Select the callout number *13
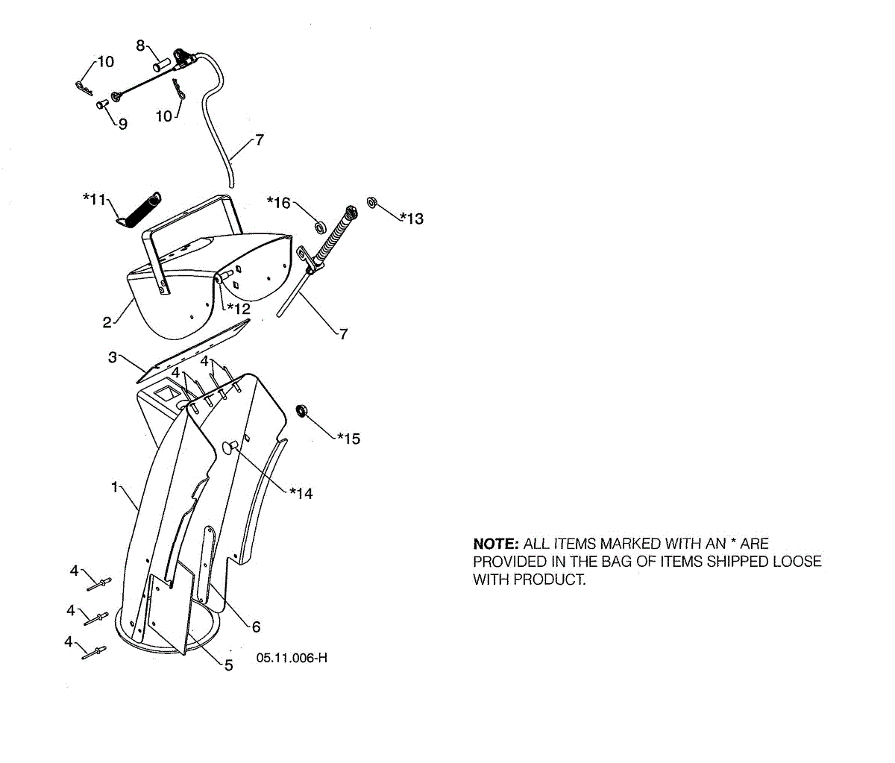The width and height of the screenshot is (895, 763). point(412,218)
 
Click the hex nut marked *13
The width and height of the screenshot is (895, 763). point(371,201)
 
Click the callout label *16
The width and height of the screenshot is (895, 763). point(279,202)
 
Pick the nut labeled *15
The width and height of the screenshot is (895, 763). point(303,410)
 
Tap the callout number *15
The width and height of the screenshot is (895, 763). point(348,439)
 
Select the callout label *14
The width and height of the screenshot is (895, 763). point(301,493)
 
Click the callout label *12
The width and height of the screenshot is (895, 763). point(239,308)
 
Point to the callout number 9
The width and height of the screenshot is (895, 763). point(122,124)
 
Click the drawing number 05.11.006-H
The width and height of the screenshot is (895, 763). point(292,657)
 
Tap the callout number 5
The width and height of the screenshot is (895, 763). point(229,665)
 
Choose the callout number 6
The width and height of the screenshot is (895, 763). point(256,627)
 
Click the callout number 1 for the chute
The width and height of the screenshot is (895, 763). point(115,487)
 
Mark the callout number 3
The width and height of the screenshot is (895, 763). point(113,357)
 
